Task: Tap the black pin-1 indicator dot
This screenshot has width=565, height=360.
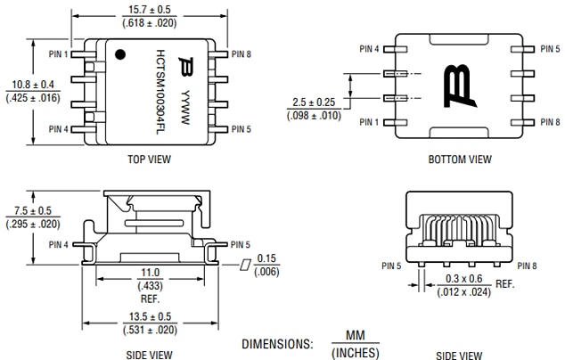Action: pos(119,56)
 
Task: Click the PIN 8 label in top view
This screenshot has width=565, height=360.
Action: pos(242,54)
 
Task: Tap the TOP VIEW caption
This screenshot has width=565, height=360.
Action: pos(150,160)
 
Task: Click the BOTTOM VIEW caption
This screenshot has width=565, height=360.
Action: pos(459,160)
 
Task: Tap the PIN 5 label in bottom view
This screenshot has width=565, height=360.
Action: pos(550,49)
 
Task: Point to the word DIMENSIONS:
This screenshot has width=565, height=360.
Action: pos(277,343)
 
